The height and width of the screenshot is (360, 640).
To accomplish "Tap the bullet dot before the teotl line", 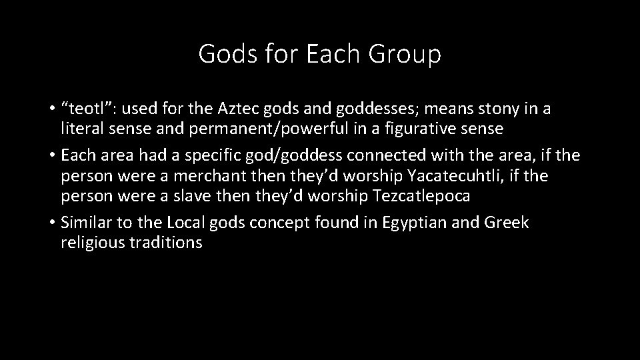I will pos(52,109).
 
